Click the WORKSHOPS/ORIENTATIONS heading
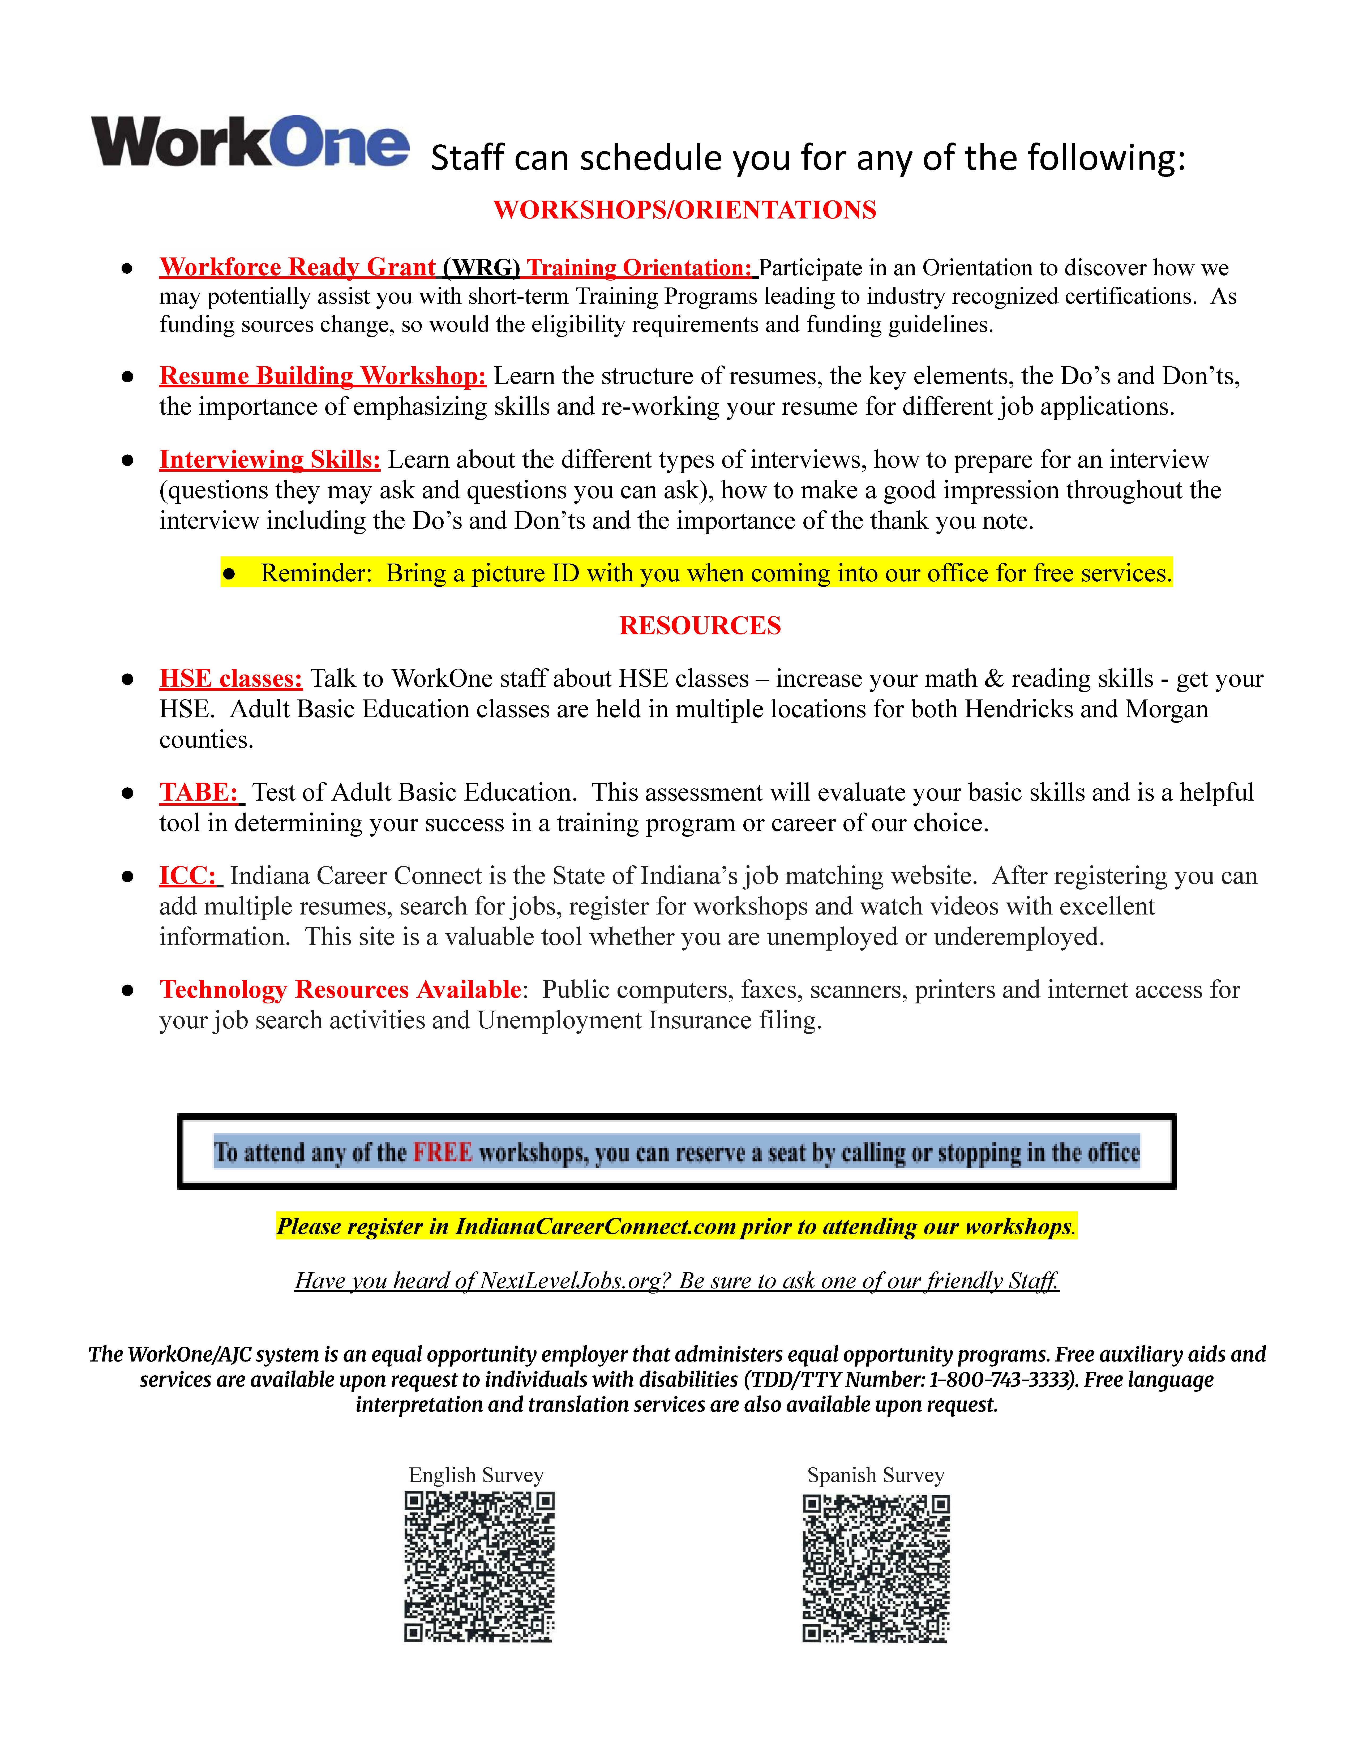tap(684, 210)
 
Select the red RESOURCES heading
tap(700, 626)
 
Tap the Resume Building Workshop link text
tap(323, 376)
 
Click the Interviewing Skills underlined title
tap(269, 460)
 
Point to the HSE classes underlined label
tap(231, 679)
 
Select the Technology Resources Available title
tap(340, 990)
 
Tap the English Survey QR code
tap(479, 1567)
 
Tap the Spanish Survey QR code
tap(876, 1568)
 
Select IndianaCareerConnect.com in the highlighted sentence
tap(595, 1227)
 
